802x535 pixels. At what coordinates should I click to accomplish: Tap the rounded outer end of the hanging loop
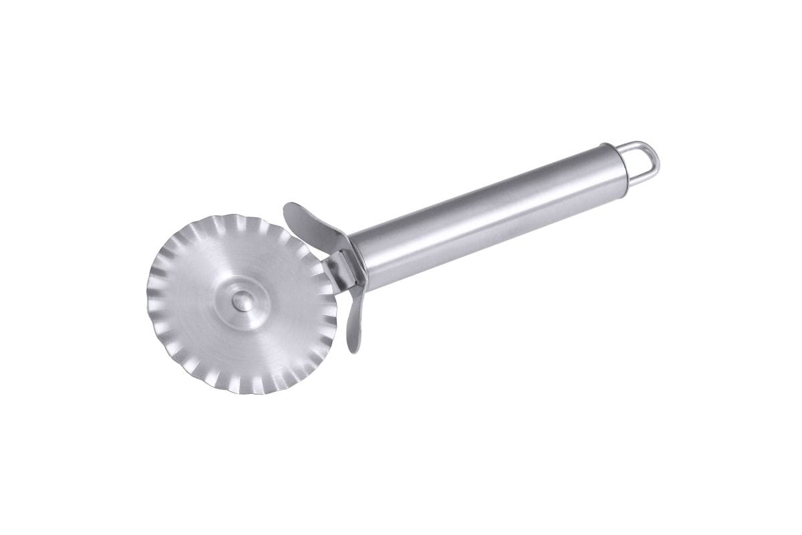click(656, 159)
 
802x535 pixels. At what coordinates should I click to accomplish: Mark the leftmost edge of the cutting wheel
click(147, 294)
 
